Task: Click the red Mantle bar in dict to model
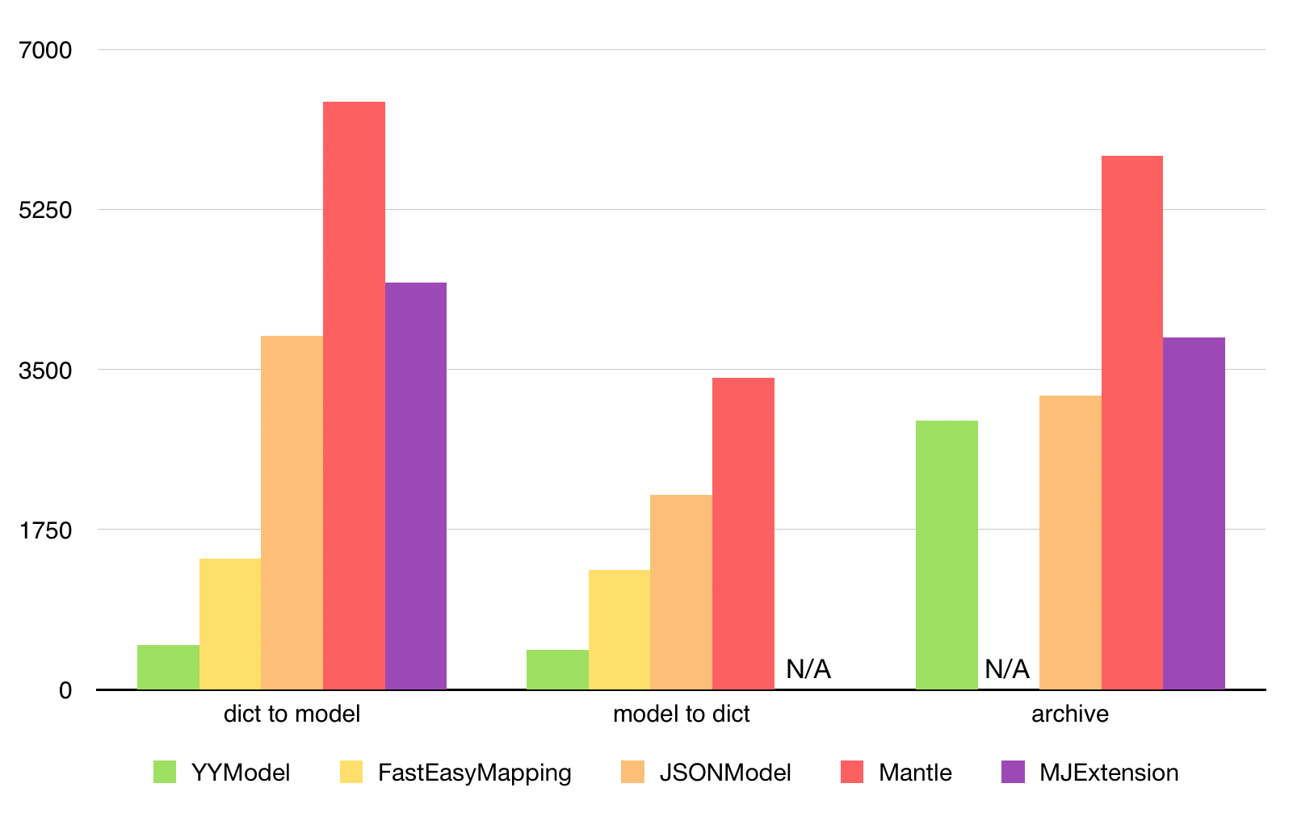click(354, 396)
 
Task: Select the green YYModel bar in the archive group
click(947, 555)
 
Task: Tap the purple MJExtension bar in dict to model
click(416, 486)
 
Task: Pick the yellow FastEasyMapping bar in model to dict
click(619, 630)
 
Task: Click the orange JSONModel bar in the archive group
click(1070, 543)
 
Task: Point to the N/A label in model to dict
click(808, 669)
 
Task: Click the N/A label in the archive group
click(1007, 669)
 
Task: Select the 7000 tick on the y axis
click(46, 50)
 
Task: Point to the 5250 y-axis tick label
click(46, 210)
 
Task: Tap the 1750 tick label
click(46, 530)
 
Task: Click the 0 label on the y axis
click(65, 690)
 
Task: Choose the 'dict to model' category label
click(292, 714)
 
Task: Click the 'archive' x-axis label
click(1070, 714)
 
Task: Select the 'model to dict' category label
click(681, 714)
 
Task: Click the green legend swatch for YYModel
click(165, 772)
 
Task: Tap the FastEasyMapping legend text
click(474, 773)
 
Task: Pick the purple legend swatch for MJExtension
click(1013, 772)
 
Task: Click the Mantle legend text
click(915, 773)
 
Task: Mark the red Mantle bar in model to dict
click(743, 533)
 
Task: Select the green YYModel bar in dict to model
click(168, 667)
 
